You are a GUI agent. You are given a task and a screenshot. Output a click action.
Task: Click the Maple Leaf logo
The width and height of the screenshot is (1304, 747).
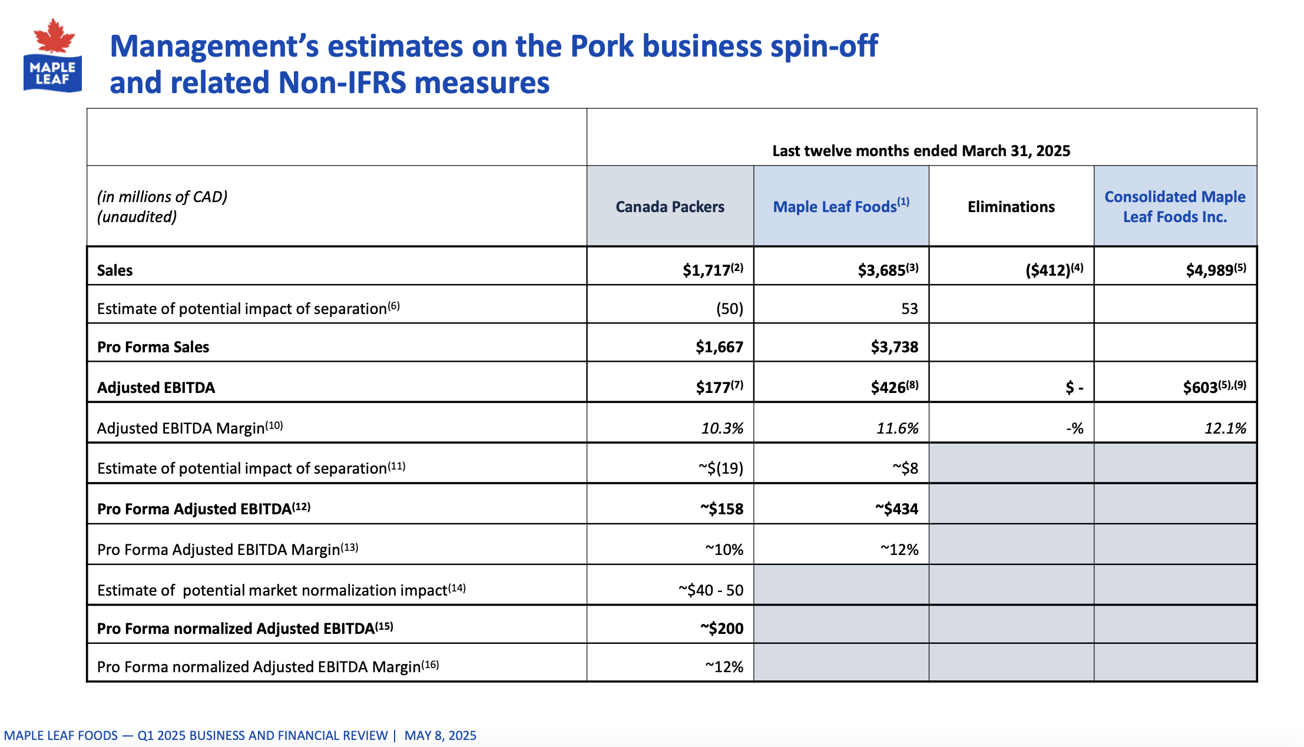point(52,56)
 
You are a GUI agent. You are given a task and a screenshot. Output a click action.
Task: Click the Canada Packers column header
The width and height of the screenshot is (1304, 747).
point(670,207)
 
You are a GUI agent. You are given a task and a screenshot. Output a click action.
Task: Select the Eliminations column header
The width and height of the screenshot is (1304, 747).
point(1011,207)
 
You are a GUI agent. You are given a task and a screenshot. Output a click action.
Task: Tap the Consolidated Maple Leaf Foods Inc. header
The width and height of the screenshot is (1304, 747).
point(1174,207)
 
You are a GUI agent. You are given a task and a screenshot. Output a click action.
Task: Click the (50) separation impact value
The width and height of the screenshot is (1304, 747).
point(729,309)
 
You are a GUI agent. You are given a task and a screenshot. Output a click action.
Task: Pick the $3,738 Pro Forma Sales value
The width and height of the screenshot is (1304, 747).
point(894,347)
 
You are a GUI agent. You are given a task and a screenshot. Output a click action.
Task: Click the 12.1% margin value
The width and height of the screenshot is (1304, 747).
point(1224,428)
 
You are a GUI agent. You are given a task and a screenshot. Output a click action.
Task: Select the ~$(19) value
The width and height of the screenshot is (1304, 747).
point(720,468)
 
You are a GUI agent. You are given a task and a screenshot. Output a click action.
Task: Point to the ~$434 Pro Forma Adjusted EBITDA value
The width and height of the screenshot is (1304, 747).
point(896,508)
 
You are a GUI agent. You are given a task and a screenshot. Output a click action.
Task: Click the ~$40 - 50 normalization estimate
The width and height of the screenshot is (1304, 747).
point(710,590)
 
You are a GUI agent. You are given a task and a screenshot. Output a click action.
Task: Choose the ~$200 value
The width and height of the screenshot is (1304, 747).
point(721,629)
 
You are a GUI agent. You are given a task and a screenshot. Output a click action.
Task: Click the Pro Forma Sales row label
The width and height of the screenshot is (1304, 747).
point(153,347)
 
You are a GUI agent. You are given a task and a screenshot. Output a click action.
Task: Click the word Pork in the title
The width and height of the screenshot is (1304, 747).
point(601,46)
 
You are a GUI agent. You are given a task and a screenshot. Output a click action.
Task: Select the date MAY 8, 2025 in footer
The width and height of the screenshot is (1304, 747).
point(440,735)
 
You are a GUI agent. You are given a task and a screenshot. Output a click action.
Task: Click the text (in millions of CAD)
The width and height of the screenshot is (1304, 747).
point(162,197)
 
